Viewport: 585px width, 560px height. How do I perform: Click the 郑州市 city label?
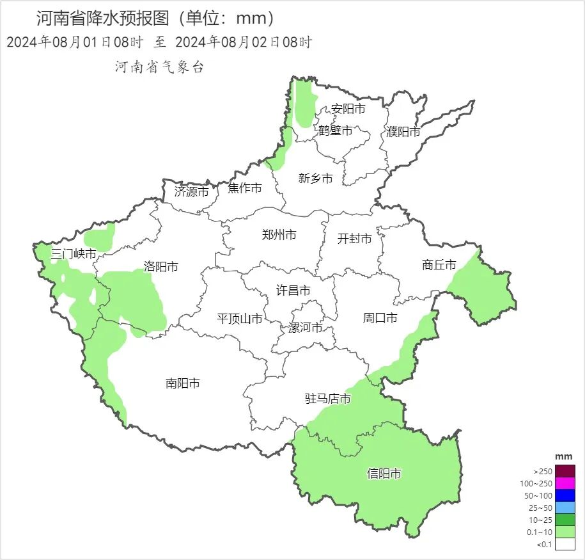pos(279,235)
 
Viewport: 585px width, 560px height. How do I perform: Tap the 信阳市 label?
pos(384,474)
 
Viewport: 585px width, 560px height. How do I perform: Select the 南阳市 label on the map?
pos(182,383)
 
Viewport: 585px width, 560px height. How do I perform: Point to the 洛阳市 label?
pos(161,267)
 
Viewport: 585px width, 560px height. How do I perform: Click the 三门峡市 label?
pos(74,254)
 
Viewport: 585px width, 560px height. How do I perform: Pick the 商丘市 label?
pos(439,265)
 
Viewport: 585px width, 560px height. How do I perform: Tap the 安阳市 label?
pos(348,109)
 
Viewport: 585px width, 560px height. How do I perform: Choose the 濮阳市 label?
pos(403,132)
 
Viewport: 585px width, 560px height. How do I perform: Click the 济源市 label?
pos(191,191)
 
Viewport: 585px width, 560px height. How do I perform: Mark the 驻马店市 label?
pos(327,399)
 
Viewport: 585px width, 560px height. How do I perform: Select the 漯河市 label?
pos(305,328)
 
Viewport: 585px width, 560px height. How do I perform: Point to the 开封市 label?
pos(354,239)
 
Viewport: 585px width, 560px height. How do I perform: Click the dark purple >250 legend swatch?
pos(565,471)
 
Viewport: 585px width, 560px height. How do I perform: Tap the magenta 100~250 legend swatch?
pos(565,483)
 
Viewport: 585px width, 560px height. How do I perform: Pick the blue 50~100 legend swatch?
pos(565,495)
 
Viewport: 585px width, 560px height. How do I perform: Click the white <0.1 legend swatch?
pos(565,544)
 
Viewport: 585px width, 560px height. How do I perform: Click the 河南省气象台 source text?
pos(159,67)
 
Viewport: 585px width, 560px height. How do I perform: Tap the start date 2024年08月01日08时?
pos(75,43)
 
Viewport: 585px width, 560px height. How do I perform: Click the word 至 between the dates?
pos(160,43)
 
